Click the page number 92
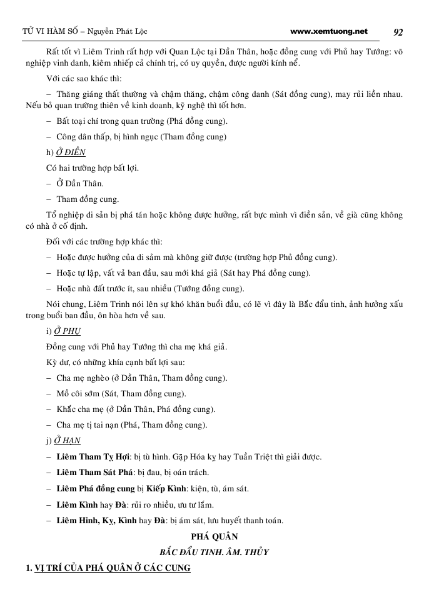398,32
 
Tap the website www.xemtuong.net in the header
330,31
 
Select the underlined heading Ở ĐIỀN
70,152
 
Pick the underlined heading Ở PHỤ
68,331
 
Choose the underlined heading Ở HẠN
68,440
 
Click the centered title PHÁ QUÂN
213,536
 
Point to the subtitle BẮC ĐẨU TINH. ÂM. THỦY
214,552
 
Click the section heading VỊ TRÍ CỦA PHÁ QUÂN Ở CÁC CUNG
113,568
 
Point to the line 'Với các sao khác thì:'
84,79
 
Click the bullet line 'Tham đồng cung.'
87,199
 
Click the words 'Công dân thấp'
82,136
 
